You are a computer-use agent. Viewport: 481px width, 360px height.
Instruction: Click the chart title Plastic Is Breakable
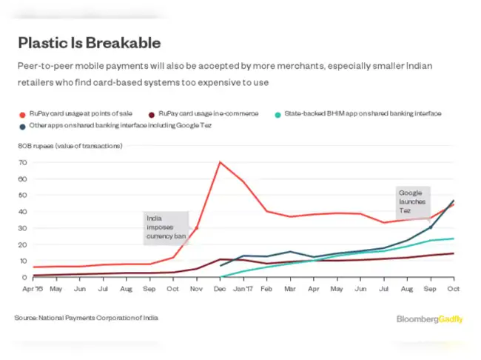pyautogui.click(x=89, y=43)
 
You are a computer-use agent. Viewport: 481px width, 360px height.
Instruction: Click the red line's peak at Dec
pyautogui.click(x=220, y=162)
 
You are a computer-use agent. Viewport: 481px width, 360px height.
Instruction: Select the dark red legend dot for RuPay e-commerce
pyautogui.click(x=152, y=113)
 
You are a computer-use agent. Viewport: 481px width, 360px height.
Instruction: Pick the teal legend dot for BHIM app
pyautogui.click(x=277, y=113)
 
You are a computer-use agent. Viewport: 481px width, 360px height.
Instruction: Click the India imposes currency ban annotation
pyautogui.click(x=164, y=228)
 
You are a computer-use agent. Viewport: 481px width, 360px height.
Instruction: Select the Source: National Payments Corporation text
pyautogui.click(x=86, y=318)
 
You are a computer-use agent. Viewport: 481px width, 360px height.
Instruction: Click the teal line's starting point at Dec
pyautogui.click(x=221, y=277)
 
